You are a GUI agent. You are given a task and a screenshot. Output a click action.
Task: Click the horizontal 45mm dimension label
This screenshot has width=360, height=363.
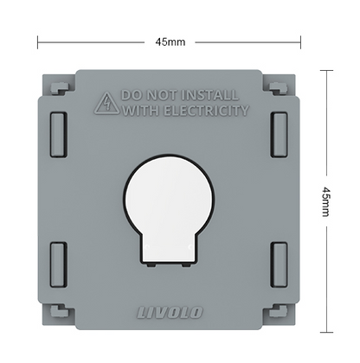170,42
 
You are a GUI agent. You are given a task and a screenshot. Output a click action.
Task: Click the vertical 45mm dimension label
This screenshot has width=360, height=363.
326,201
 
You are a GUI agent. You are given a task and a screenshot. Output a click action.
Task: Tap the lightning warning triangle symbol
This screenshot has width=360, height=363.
107,103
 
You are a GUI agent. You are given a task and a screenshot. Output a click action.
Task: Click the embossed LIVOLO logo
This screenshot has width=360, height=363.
170,313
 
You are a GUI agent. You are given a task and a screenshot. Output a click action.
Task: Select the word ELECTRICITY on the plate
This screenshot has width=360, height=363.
207,111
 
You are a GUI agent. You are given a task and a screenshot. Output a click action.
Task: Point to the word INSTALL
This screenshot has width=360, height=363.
211,95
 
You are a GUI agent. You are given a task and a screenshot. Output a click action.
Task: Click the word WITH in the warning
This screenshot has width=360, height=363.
141,111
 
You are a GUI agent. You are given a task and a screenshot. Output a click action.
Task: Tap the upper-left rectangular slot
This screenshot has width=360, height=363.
59,135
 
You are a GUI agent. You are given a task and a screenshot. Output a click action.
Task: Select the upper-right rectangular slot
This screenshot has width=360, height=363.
279,135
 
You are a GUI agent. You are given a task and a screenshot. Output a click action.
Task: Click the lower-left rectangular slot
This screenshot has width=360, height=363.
59,264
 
